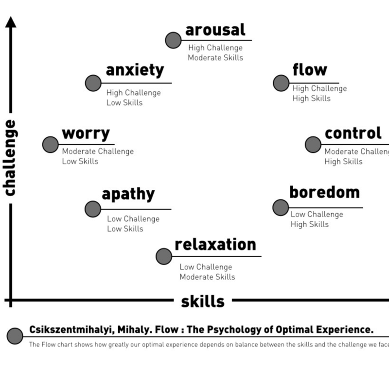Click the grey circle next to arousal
click(x=173, y=40)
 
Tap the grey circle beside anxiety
click(x=93, y=83)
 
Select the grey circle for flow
click(x=281, y=83)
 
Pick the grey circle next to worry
click(x=51, y=144)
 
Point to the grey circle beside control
click(x=313, y=144)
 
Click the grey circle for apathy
click(x=93, y=209)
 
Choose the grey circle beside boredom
click(x=281, y=207)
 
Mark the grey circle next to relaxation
click(x=164, y=256)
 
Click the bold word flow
click(x=310, y=70)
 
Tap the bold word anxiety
click(x=135, y=70)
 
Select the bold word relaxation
click(x=215, y=244)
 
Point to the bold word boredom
click(x=324, y=192)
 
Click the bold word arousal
click(x=215, y=30)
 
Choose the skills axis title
click(x=203, y=301)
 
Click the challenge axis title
click(x=10, y=158)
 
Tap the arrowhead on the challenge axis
click(x=11, y=21)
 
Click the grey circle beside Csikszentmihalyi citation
click(x=15, y=335)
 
